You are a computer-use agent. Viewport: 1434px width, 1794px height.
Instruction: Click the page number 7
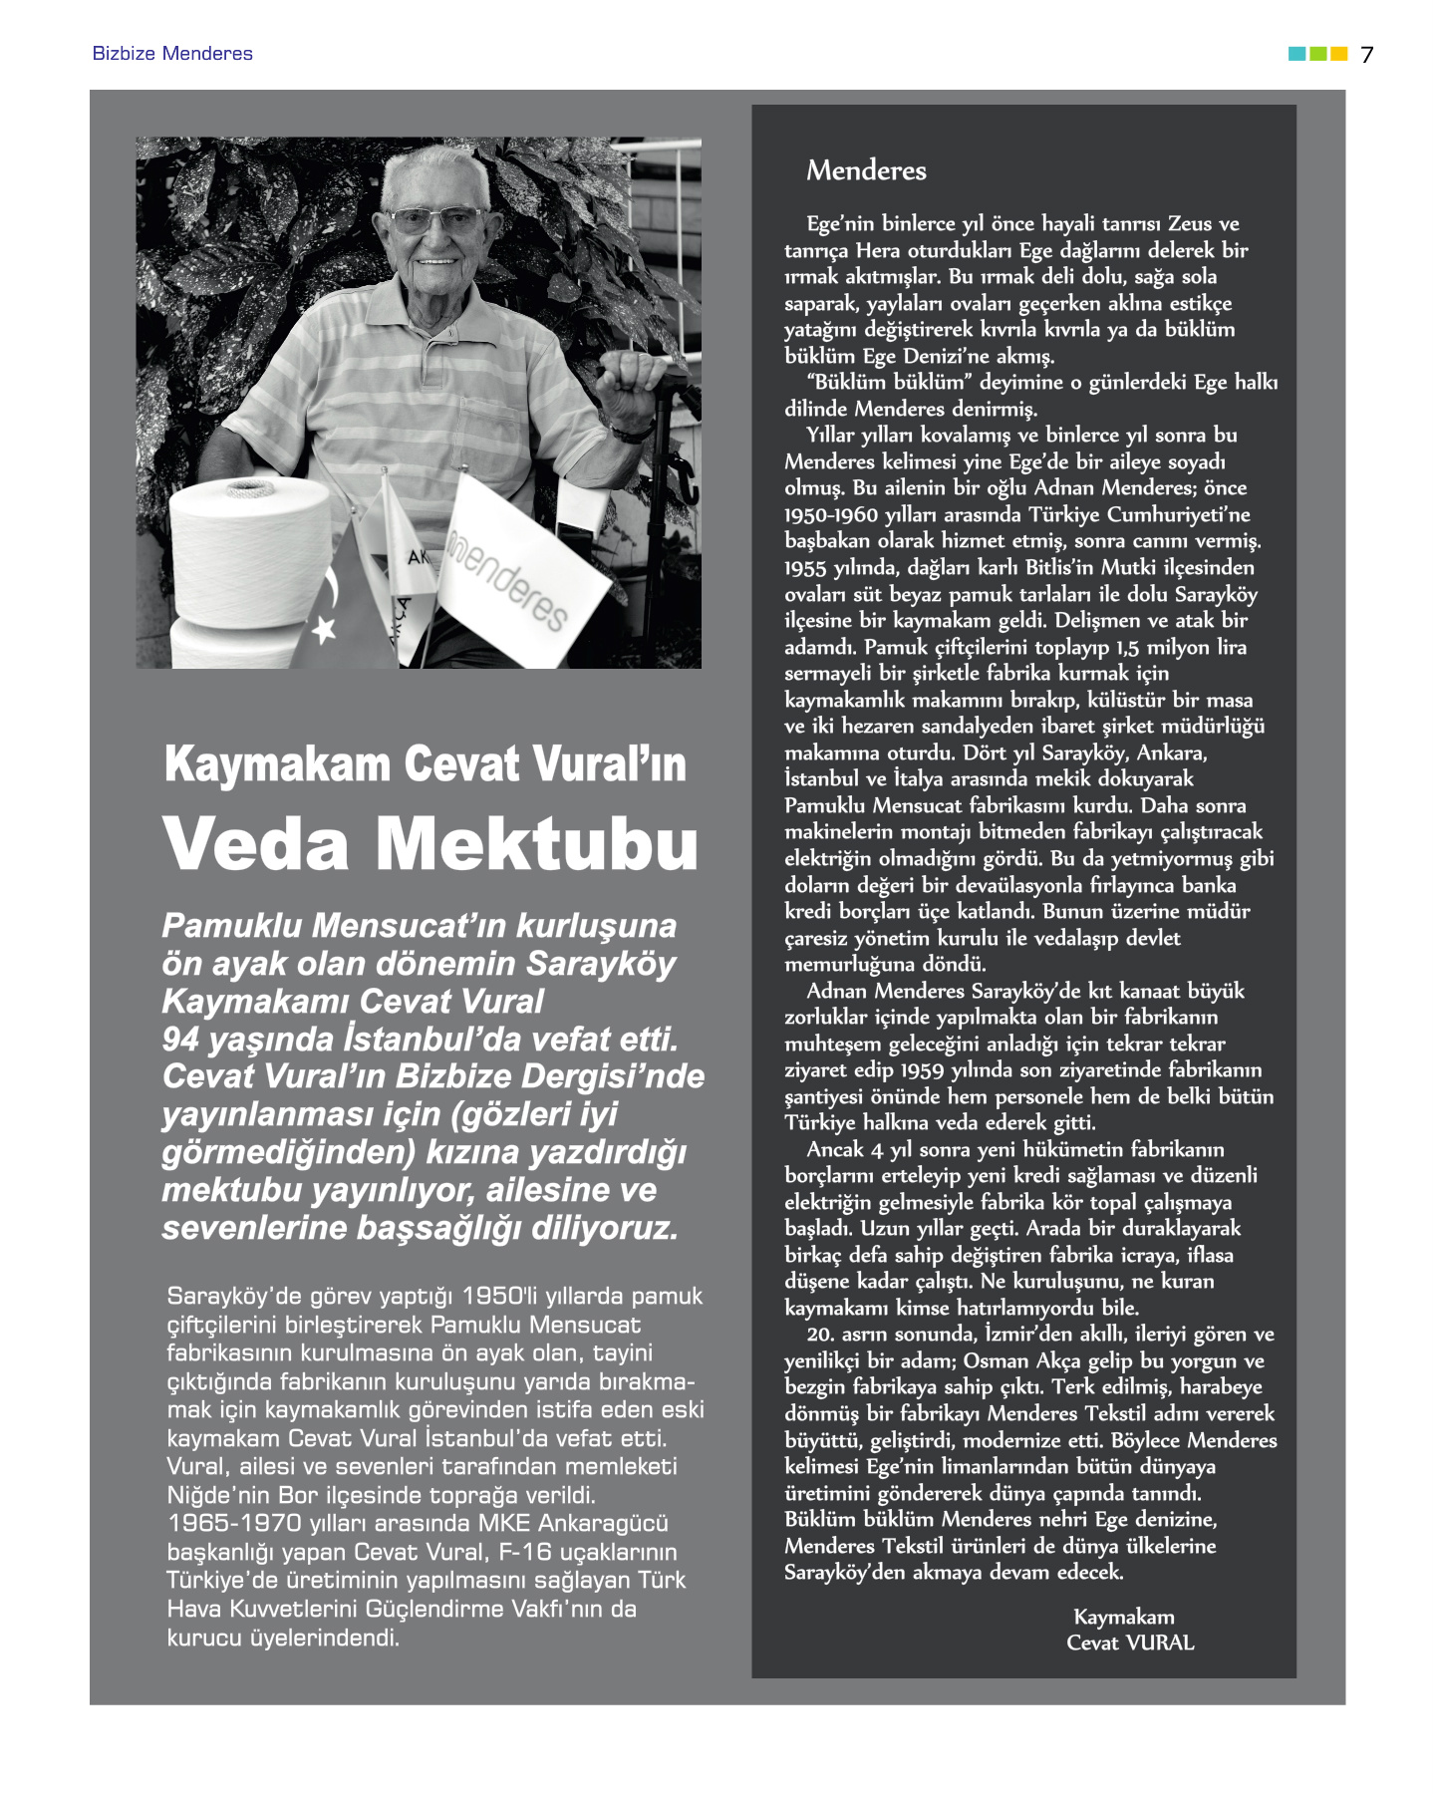coord(1367,55)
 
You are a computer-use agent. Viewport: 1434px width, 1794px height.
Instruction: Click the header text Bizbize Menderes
coord(172,54)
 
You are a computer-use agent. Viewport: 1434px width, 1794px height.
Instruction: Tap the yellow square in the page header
coord(1339,54)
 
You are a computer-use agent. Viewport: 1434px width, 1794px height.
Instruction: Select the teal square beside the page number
coord(1296,54)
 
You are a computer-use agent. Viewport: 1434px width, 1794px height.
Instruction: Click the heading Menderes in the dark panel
coord(866,170)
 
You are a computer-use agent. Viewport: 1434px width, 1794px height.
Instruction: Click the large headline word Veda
coord(256,844)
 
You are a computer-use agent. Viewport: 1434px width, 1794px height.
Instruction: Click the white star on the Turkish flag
coord(324,629)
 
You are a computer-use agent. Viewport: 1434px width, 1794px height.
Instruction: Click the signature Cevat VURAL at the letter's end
coord(1130,1643)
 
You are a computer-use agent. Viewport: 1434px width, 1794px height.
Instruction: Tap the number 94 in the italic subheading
coord(180,1040)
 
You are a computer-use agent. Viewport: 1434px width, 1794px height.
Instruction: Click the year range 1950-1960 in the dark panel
coord(831,515)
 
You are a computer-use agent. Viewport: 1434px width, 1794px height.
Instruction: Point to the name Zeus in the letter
coord(1190,224)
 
